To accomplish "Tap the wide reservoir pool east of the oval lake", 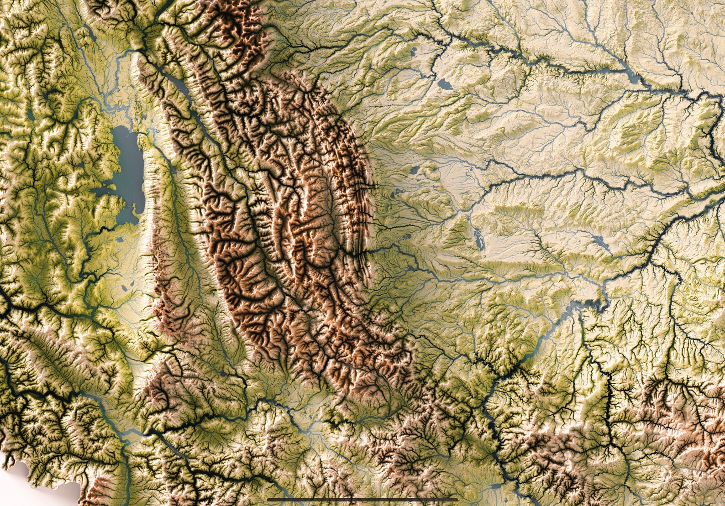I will coord(635,78).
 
